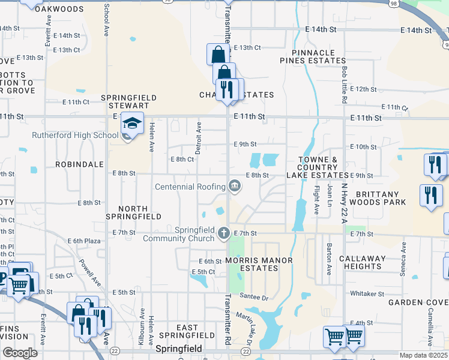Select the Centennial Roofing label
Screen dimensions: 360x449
pos(190,187)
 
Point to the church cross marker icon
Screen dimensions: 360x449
pos(223,233)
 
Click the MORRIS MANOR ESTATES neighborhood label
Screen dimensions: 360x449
pos(250,265)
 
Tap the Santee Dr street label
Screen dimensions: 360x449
pos(252,296)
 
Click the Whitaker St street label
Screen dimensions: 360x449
pos(367,294)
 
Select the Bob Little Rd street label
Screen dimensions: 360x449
pos(345,85)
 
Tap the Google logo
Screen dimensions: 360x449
pos(20,353)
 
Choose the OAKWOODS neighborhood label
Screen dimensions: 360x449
pos(59,9)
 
